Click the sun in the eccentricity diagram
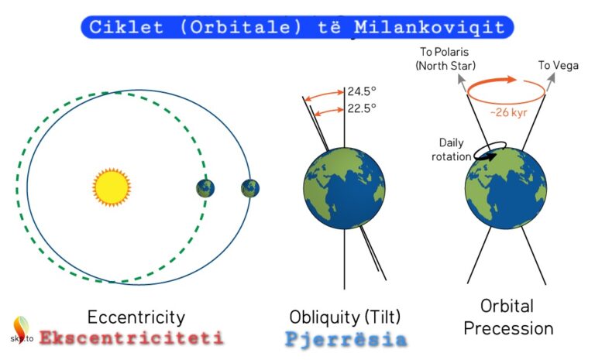pyautogui.click(x=112, y=187)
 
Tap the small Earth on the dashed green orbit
pyautogui.click(x=205, y=189)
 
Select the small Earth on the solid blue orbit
pyautogui.click(x=250, y=189)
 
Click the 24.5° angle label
pyautogui.click(x=362, y=91)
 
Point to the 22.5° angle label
pyautogui.click(x=362, y=108)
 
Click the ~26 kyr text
pyautogui.click(x=508, y=113)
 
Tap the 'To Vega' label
pyautogui.click(x=558, y=66)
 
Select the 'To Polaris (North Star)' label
pyautogui.click(x=445, y=59)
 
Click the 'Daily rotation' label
pyautogui.click(x=451, y=149)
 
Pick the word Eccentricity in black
pyautogui.click(x=136, y=317)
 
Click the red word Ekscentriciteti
pyautogui.click(x=131, y=338)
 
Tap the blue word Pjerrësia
pyautogui.click(x=346, y=339)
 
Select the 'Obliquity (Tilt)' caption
pyautogui.click(x=345, y=317)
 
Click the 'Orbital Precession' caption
pyautogui.click(x=508, y=317)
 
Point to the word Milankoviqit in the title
pyautogui.click(x=429, y=27)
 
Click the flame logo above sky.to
pyautogui.click(x=21, y=325)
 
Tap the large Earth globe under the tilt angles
pyautogui.click(x=344, y=188)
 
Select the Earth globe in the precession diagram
pyautogui.click(x=506, y=188)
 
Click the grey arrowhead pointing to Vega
pyautogui.click(x=552, y=77)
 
